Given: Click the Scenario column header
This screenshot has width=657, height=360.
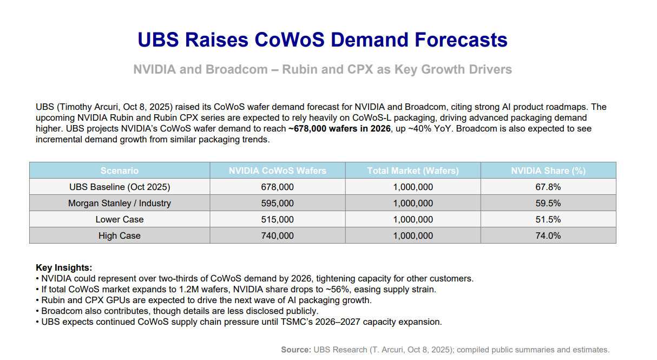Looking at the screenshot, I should (120, 171).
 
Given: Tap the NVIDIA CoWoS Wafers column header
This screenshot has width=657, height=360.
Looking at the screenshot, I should (277, 171).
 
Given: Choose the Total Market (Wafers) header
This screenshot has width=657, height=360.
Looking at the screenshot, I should (413, 171).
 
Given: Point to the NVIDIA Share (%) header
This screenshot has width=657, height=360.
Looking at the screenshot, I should (548, 171).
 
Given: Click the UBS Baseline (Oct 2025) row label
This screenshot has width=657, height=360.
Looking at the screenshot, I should (120, 187).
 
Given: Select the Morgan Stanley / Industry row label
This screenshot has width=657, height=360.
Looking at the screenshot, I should (120, 203).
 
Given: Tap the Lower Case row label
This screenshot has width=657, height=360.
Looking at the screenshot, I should (120, 219).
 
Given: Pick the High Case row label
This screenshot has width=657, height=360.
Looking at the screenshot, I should (120, 235).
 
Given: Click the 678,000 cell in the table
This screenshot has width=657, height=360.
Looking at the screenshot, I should (277, 187).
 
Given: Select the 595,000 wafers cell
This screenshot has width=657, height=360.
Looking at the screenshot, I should (277, 203).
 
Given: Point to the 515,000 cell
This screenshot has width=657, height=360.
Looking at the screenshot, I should (277, 219).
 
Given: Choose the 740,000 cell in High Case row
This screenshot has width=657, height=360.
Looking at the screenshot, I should (277, 235).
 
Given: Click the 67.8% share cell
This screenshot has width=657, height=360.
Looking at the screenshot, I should (548, 187).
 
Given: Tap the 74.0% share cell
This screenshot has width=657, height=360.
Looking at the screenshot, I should (548, 235).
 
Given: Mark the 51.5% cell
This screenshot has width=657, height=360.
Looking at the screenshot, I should (548, 219).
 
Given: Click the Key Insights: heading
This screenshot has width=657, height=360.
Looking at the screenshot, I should (64, 267).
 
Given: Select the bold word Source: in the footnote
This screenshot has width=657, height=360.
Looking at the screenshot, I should (295, 350).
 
